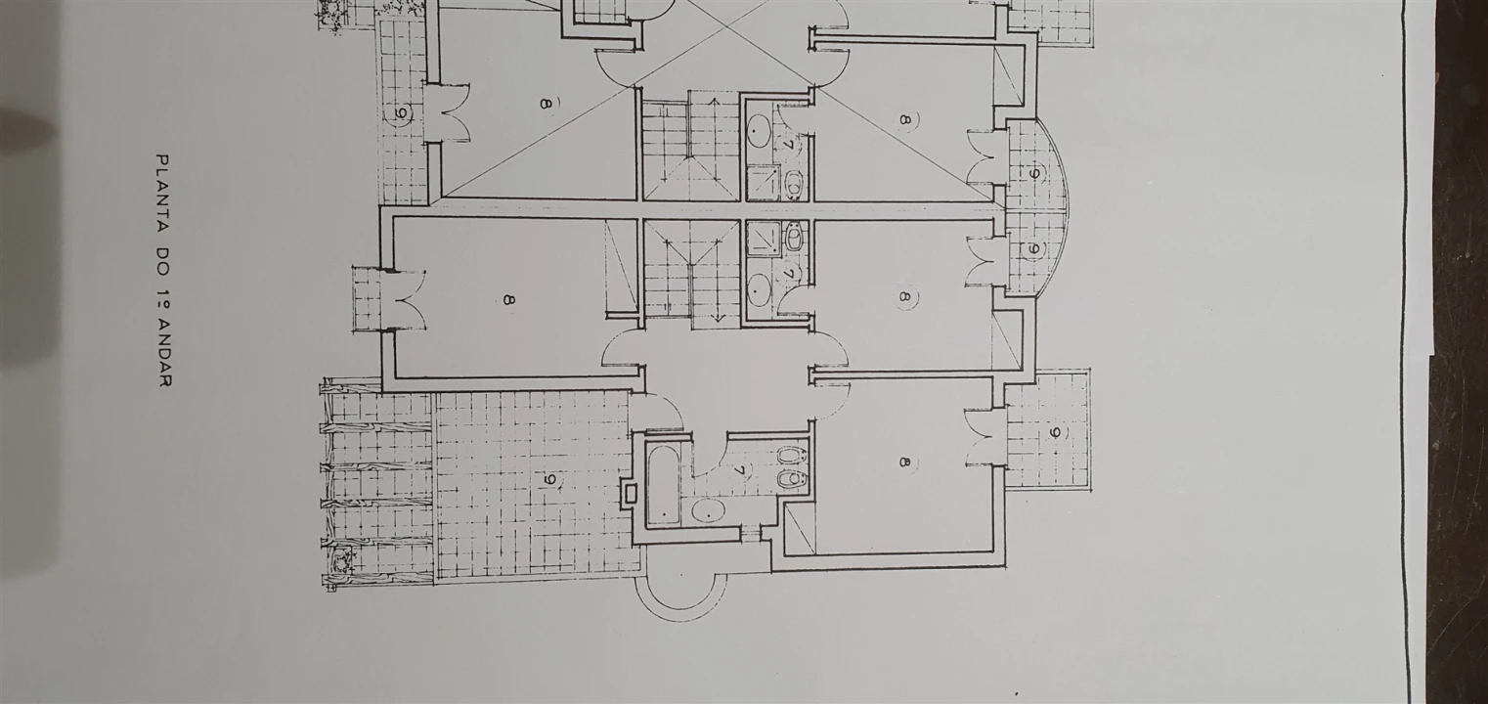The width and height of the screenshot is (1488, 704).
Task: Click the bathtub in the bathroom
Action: click(663, 486)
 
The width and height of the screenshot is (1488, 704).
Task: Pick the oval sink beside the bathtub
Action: click(709, 510)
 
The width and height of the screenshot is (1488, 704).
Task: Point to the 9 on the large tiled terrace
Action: click(550, 479)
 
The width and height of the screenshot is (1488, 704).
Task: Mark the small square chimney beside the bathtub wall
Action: click(629, 494)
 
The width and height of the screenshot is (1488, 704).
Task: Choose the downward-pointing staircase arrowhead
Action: click(718, 318)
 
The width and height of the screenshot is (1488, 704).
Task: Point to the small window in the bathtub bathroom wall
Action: click(751, 529)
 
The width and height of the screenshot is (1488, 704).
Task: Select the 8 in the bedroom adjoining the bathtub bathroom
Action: click(903, 462)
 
